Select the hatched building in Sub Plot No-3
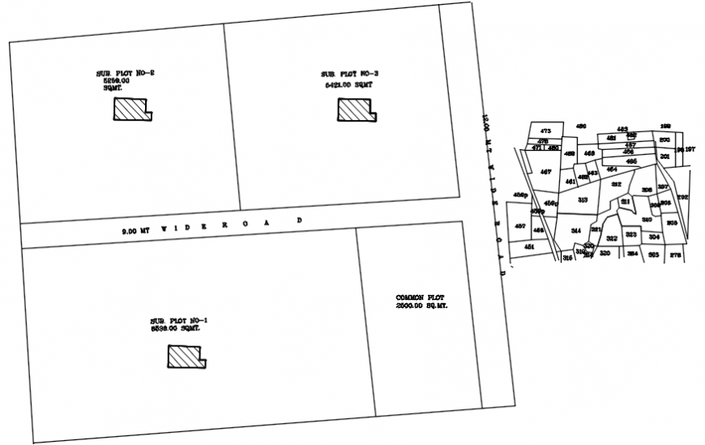pos(357,110)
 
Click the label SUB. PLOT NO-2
pos(125,74)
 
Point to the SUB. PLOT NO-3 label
pos(350,75)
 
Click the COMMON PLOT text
pos(420,298)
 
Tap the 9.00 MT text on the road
pos(135,231)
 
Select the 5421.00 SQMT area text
pos(349,84)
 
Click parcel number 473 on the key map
pos(545,131)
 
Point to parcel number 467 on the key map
pos(545,172)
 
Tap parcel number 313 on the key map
pos(582,199)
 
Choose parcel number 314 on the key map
pos(576,231)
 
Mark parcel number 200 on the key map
pos(664,139)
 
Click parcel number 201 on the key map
pos(664,156)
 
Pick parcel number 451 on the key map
pos(529,246)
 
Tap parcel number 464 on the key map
pos(612,169)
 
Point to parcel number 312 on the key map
pos(616,185)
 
